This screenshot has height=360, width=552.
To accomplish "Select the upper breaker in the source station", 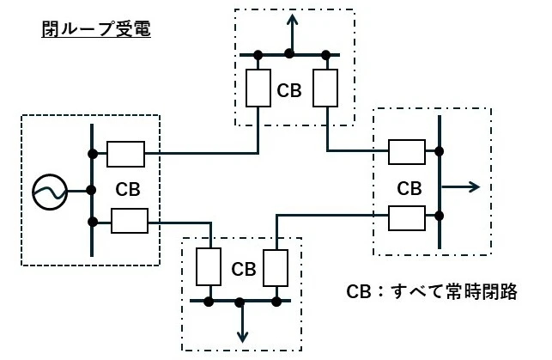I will click(125, 154).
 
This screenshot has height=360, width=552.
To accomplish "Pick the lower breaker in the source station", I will click(130, 223).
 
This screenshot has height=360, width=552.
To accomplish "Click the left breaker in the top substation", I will click(258, 88).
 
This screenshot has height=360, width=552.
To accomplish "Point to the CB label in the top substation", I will click(289, 90).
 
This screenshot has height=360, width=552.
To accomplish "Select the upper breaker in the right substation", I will click(408, 152).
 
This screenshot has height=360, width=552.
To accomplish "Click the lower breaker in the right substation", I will click(408, 218).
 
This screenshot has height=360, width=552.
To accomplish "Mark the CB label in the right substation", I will click(410, 187).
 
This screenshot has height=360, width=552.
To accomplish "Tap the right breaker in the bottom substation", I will click(276, 267).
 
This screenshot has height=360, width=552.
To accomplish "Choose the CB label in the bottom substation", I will click(243, 268).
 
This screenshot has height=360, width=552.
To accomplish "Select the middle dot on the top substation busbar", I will click(290, 54).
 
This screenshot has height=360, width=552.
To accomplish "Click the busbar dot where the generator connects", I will click(91, 190).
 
